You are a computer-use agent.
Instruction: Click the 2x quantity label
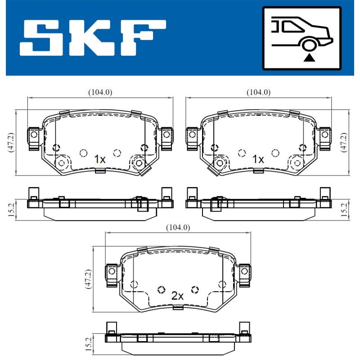(178, 296)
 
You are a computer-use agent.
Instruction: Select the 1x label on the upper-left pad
(99, 159)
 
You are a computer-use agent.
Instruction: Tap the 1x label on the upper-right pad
(258, 159)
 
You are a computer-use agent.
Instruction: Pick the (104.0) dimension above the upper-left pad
(100, 92)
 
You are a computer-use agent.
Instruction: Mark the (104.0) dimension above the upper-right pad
(258, 92)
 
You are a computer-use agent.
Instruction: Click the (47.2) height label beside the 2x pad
(89, 279)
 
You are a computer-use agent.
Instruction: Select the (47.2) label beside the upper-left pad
(11, 142)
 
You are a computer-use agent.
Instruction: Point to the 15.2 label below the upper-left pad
(11, 209)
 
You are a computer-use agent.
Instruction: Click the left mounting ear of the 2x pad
(111, 272)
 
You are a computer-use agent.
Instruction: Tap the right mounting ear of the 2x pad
(245, 272)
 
